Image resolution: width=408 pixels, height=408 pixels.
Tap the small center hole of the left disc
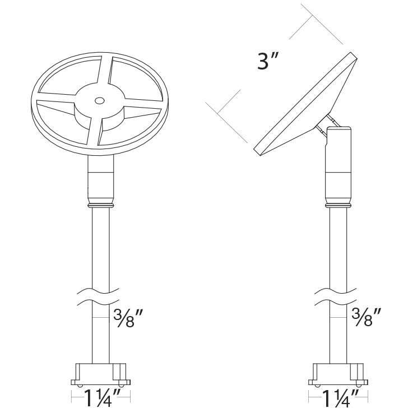[x=100, y=101]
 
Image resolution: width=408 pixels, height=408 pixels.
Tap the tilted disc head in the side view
[x=305, y=106]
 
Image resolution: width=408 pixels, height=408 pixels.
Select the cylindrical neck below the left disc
[x=101, y=179]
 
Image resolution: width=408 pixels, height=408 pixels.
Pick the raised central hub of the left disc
[x=100, y=106]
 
